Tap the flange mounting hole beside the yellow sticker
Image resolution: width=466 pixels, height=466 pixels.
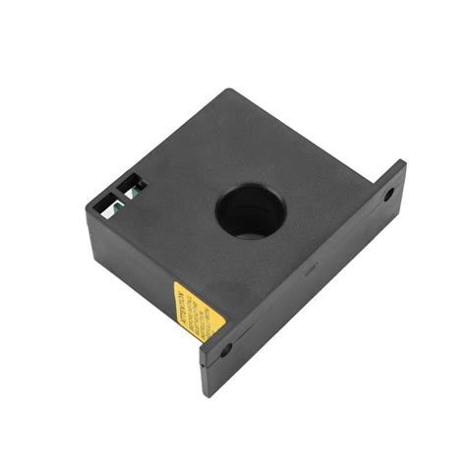tap(226, 349)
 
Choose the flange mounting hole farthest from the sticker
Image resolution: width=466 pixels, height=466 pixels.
tap(389, 193)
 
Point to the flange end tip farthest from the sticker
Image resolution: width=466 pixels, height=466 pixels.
tap(402, 165)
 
